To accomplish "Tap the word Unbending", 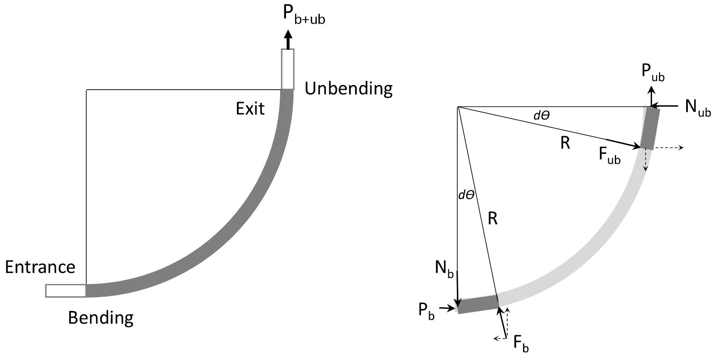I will click(x=348, y=89).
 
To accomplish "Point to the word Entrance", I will click(x=40, y=267).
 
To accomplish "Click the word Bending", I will click(x=101, y=318).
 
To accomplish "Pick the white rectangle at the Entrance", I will click(x=66, y=290).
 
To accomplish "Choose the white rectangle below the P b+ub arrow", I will click(x=288, y=69).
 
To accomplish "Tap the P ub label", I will click(x=653, y=73).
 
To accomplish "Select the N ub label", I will click(x=698, y=107).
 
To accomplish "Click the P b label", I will click(x=427, y=311).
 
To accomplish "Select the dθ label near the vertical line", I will click(x=466, y=196).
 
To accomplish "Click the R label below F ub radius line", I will click(x=565, y=143).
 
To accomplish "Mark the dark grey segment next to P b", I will click(x=477, y=304).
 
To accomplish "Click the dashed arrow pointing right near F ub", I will click(x=669, y=148).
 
